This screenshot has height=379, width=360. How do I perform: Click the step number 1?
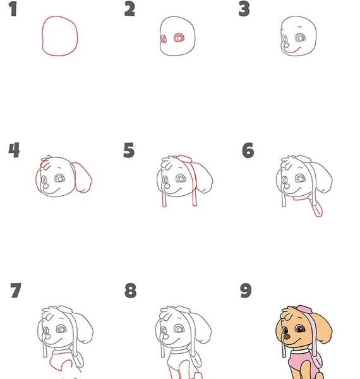click(x=13, y=9)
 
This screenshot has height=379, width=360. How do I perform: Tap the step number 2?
click(x=129, y=9)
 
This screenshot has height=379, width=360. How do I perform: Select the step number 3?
click(x=244, y=9)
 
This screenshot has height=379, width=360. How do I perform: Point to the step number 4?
click(x=14, y=150)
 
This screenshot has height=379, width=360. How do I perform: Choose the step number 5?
click(x=129, y=150)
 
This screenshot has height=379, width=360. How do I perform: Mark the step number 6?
click(x=248, y=150)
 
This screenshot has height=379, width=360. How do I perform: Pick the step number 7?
click(x=16, y=291)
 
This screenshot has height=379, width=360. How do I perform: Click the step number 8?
click(x=131, y=291)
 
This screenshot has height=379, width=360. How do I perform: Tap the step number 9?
click(x=246, y=291)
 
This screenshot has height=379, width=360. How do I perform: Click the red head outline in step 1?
click(x=42, y=36)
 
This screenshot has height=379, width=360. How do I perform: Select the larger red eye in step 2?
click(x=179, y=38)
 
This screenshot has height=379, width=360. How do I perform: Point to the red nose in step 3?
click(x=286, y=45)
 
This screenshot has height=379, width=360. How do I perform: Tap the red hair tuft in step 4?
click(x=46, y=162)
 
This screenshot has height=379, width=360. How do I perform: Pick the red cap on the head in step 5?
click(x=185, y=159)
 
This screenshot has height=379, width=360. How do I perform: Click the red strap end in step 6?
click(x=318, y=209)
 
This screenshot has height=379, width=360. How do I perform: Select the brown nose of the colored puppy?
click(x=287, y=337)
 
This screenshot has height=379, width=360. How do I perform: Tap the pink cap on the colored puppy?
click(x=304, y=309)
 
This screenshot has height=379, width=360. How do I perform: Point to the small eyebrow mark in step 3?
click(x=300, y=27)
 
